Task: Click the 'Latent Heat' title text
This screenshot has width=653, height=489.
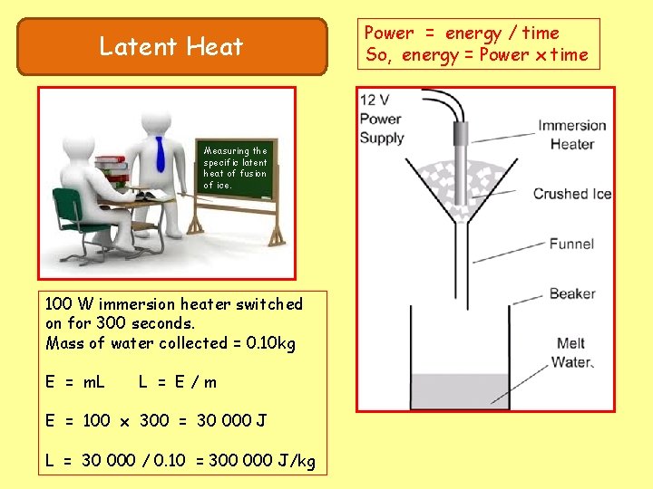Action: coord(171,46)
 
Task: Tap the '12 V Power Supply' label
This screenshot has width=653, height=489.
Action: coord(382,119)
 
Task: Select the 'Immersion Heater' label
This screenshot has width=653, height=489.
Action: coord(571,134)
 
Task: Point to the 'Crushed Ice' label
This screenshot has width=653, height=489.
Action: coord(572,194)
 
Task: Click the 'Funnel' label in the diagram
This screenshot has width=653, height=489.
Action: coord(571,243)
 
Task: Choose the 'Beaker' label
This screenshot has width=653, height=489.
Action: coord(572,292)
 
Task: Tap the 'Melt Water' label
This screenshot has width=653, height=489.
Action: coord(571,352)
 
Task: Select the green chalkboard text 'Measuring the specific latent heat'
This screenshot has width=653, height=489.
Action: coord(236,168)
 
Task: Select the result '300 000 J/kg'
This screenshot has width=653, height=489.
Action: coord(262,461)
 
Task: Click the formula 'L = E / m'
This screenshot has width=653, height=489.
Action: coord(178,381)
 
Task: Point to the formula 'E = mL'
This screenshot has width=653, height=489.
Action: coord(75,381)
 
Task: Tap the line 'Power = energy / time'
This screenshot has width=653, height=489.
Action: coord(462,34)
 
